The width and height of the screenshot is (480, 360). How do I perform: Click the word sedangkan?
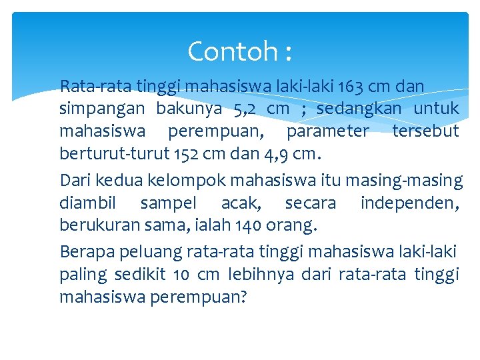click(359, 108)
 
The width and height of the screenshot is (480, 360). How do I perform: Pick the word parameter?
click(327, 131)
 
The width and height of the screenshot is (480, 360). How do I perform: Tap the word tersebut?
click(425, 131)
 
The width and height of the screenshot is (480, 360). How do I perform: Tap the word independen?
click(407, 203)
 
